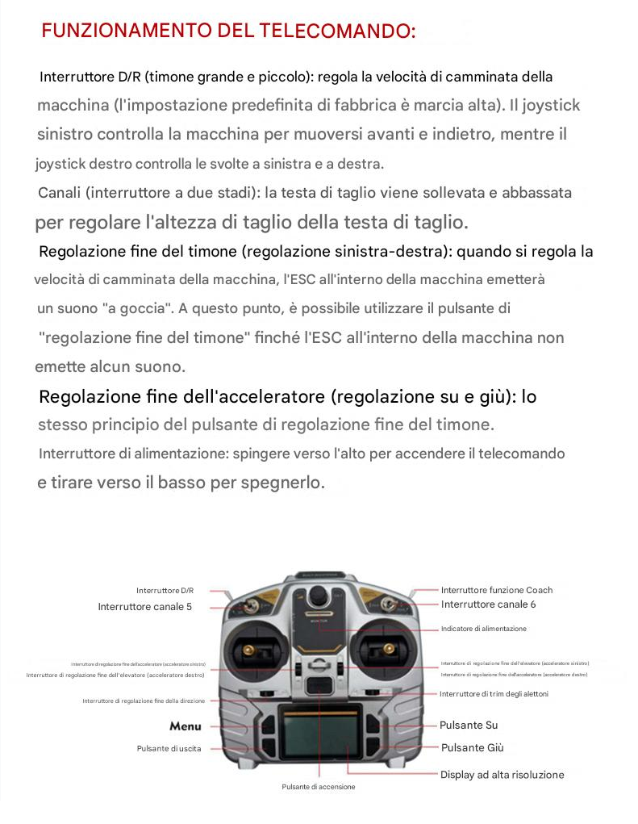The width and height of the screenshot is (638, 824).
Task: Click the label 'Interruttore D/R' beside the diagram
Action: tap(165, 591)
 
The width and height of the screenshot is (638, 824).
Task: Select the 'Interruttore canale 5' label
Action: tap(145, 607)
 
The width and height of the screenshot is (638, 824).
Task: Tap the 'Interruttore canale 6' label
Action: tap(488, 604)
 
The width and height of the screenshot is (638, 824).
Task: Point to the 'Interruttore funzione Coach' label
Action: tap(497, 590)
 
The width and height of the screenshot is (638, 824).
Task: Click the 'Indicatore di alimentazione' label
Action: tap(483, 629)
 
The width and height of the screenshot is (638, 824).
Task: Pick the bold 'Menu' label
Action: tap(186, 726)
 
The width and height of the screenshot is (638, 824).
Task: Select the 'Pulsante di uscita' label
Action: tap(169, 749)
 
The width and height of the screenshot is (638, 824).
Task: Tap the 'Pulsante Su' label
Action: tap(469, 726)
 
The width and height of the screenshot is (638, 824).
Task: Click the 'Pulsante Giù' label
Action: tap(472, 748)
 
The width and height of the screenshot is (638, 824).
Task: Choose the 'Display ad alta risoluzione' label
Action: tap(502, 775)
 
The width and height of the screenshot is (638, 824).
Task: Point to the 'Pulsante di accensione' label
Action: tap(318, 787)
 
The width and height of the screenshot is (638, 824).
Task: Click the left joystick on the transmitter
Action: tap(248, 650)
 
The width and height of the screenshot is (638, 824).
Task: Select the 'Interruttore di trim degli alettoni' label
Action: tap(494, 694)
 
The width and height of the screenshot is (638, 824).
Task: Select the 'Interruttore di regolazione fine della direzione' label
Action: tap(144, 701)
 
